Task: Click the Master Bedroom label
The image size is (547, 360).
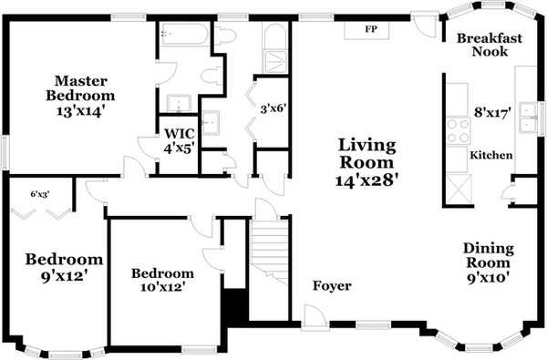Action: click(82, 87)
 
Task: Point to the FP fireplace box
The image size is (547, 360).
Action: click(371, 29)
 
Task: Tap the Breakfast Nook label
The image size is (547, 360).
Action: click(490, 46)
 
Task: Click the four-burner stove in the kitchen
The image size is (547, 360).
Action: click(456, 129)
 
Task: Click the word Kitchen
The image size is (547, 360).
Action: click(490, 156)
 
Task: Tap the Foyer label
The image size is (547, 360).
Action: click(332, 286)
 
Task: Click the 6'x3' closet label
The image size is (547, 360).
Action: click(40, 193)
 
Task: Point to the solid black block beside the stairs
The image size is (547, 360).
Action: click(234, 304)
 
